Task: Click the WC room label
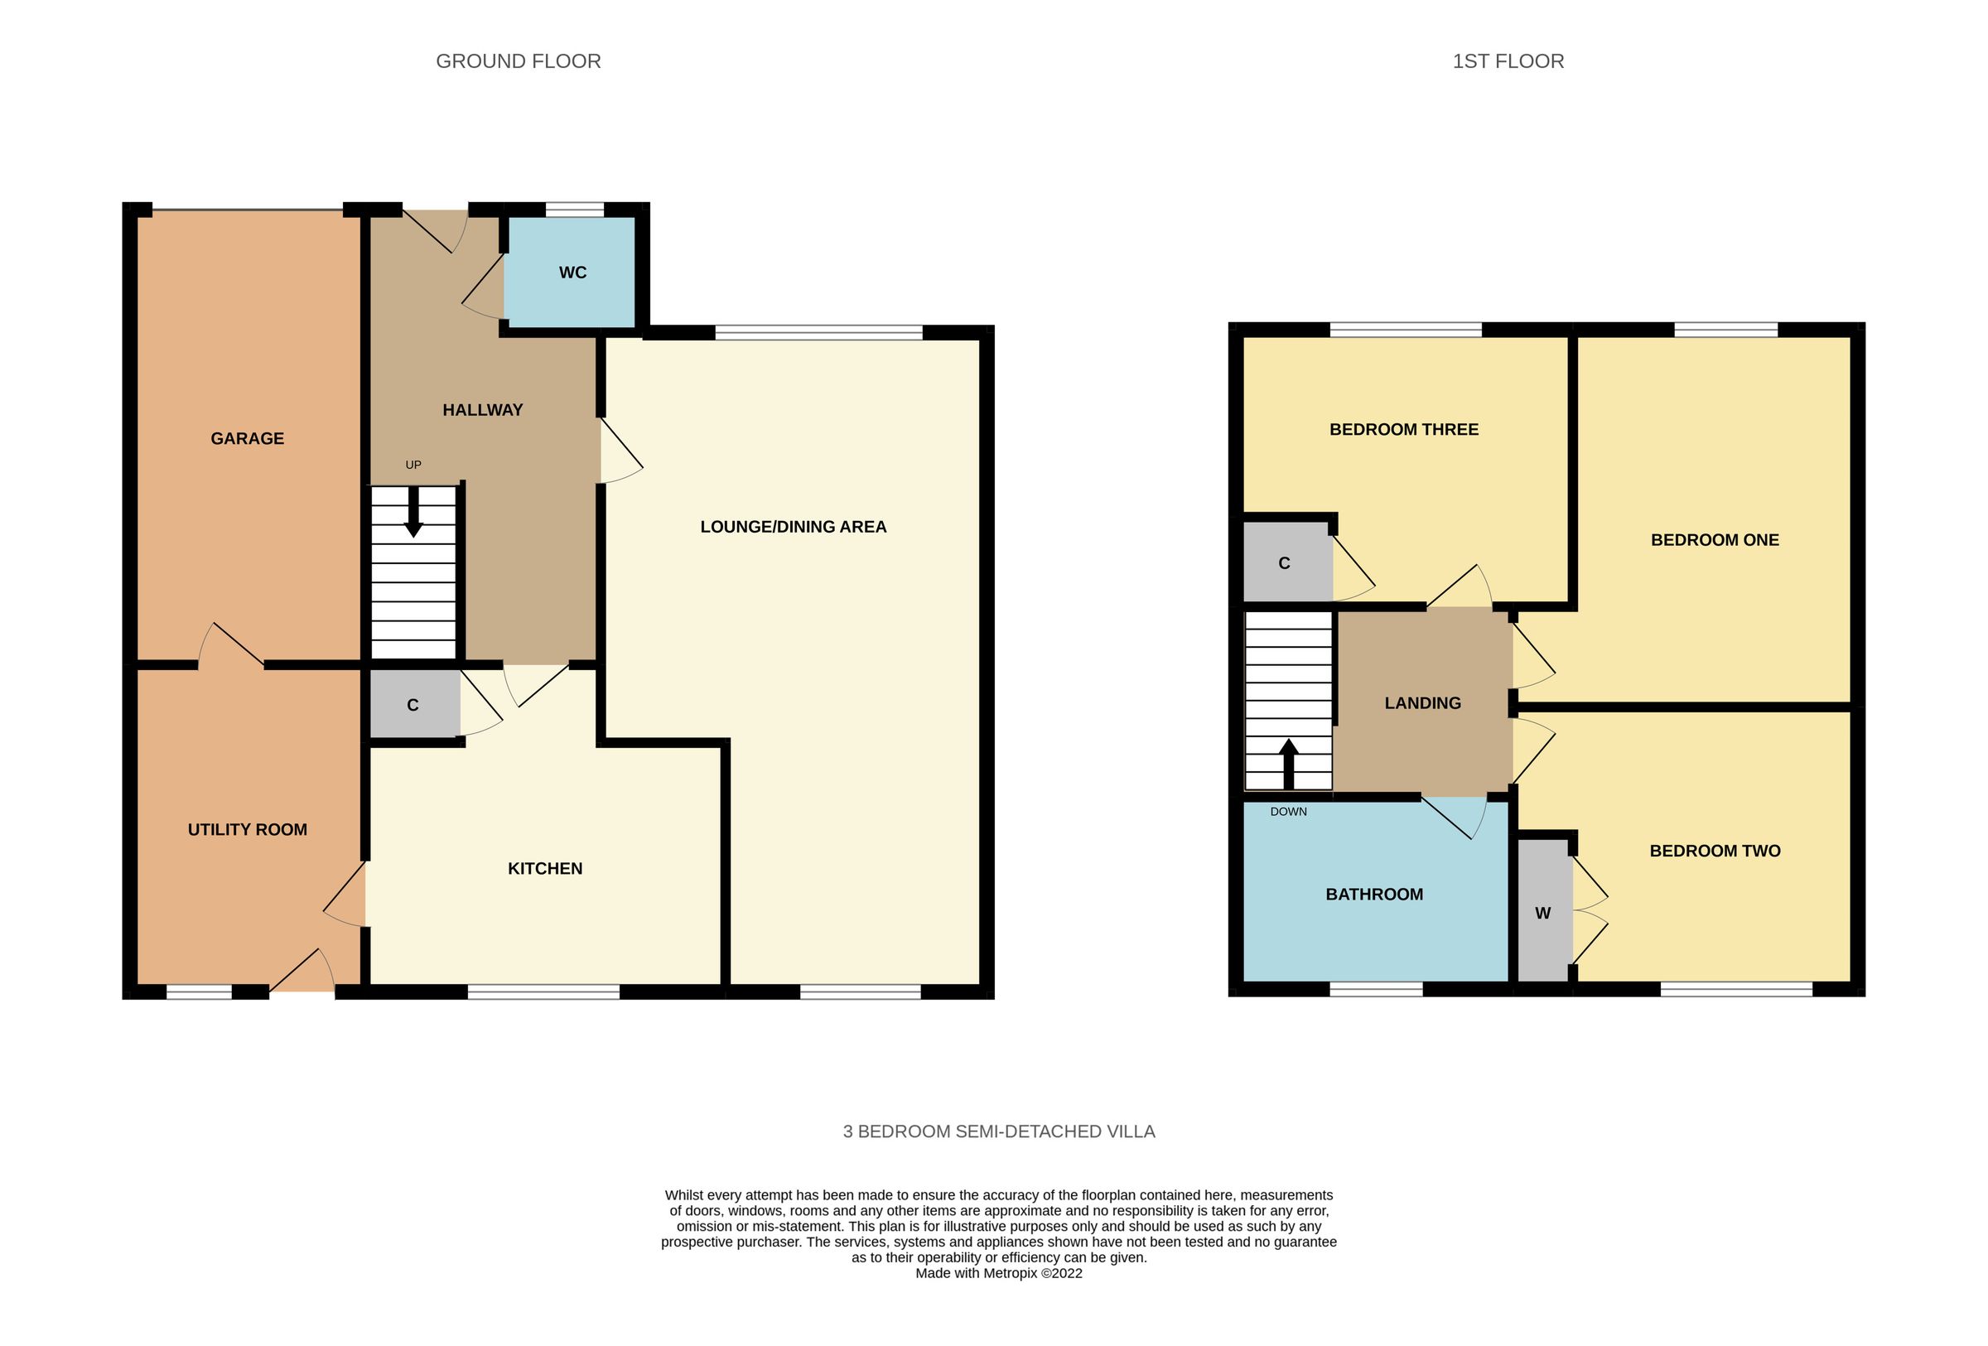click(x=572, y=273)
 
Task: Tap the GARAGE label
click(x=247, y=439)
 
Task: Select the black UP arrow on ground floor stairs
click(x=413, y=513)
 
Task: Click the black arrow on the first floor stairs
click(x=1288, y=763)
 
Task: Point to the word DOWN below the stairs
click(x=1288, y=812)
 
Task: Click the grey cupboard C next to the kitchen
click(x=413, y=706)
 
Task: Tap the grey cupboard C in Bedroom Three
click(x=1284, y=563)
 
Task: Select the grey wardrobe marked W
click(x=1543, y=914)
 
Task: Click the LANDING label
click(x=1422, y=703)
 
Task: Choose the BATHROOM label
click(x=1374, y=895)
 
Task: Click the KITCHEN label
click(x=545, y=869)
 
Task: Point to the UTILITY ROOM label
click(x=247, y=829)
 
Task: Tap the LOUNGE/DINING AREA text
click(x=793, y=527)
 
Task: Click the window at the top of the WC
click(x=574, y=210)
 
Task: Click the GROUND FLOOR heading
click(x=519, y=61)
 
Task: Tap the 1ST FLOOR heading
click(x=1508, y=61)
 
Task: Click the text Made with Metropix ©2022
click(x=998, y=1273)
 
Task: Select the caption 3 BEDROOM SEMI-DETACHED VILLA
click(x=998, y=1131)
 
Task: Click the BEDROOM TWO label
click(x=1715, y=851)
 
